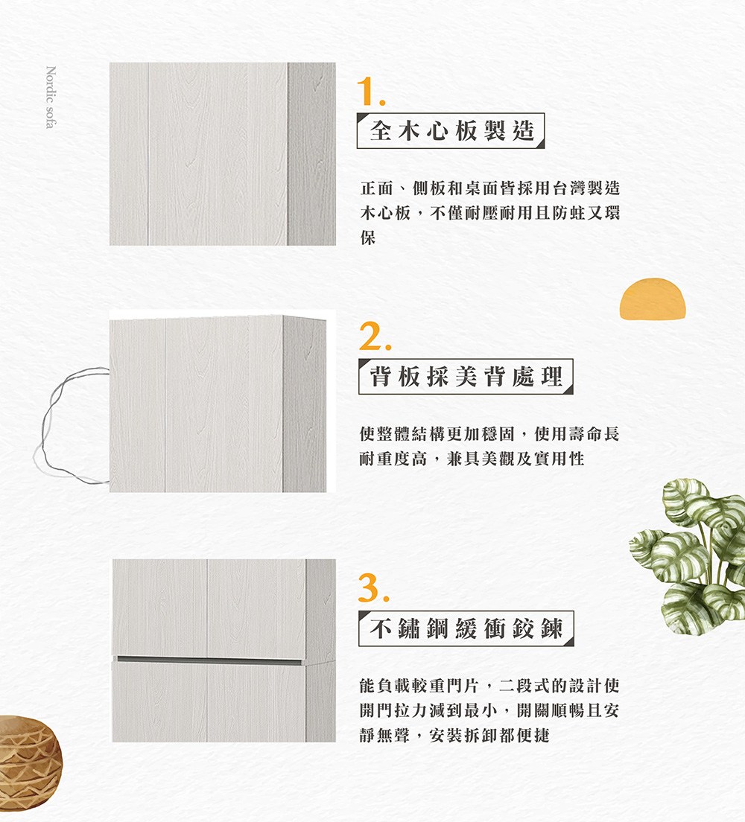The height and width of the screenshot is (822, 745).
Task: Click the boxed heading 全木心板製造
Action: pyautogui.click(x=451, y=131)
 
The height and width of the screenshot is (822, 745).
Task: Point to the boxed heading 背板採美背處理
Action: pyautogui.click(x=466, y=377)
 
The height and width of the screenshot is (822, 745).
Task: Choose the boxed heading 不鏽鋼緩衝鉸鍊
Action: pyautogui.click(x=466, y=629)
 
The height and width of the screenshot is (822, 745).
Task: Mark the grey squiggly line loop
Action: pyautogui.click(x=71, y=424)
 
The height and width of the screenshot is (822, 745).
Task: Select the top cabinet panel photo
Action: pyautogui.click(x=222, y=154)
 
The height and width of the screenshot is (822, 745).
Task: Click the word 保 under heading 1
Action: pyautogui.click(x=367, y=238)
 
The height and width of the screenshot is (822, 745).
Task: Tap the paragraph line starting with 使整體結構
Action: pyautogui.click(x=489, y=433)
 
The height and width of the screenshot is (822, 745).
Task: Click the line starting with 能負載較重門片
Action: pyautogui.click(x=489, y=684)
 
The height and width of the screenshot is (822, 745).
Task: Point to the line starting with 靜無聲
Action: pyautogui.click(x=454, y=736)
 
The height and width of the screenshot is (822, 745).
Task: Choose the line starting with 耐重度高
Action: pyautogui.click(x=472, y=459)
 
